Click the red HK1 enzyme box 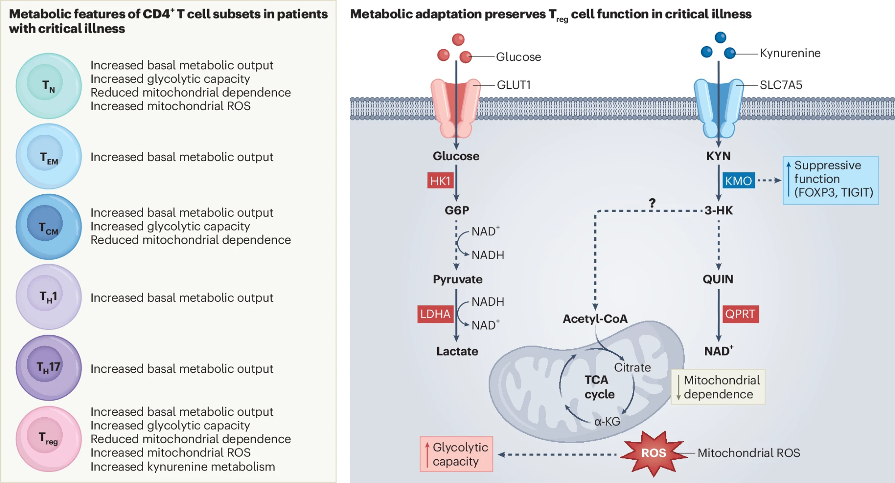[440, 181]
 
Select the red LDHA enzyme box [435, 314]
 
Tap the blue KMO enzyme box [738, 181]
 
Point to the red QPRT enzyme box [740, 314]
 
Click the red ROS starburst [654, 453]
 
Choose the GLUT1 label [514, 85]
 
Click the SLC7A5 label [781, 85]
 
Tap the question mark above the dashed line [652, 203]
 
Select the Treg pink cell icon [49, 439]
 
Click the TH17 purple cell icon [49, 368]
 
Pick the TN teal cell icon [49, 85]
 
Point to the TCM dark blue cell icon [49, 227]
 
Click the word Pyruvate [457, 279]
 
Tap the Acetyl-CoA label [595, 319]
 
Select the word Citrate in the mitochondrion [632, 368]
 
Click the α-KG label [607, 422]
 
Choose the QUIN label [718, 279]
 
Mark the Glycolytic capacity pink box [456, 454]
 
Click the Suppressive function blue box [831, 180]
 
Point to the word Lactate [457, 351]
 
